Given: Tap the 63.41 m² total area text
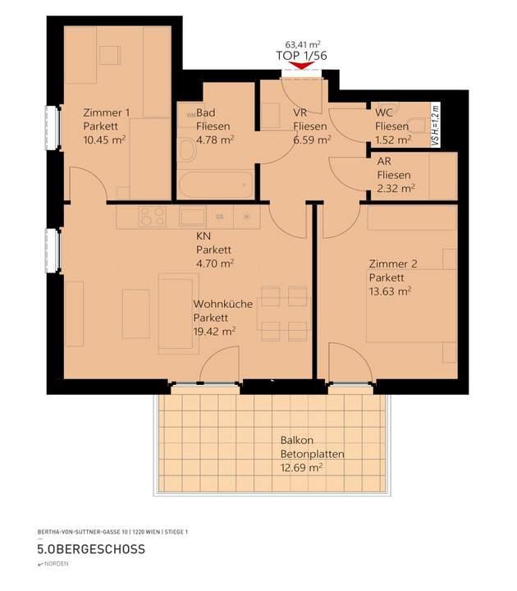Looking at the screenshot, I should [301, 45].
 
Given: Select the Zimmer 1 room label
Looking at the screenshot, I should [106, 113].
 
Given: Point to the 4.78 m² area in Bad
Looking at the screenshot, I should [215, 140].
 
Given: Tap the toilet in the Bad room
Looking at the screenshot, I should [187, 152].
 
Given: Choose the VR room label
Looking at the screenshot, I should [300, 113].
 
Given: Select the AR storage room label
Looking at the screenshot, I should [383, 162].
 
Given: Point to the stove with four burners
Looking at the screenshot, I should [152, 217].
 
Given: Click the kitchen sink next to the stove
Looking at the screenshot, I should [191, 217].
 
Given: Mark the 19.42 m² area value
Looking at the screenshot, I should [214, 331].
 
